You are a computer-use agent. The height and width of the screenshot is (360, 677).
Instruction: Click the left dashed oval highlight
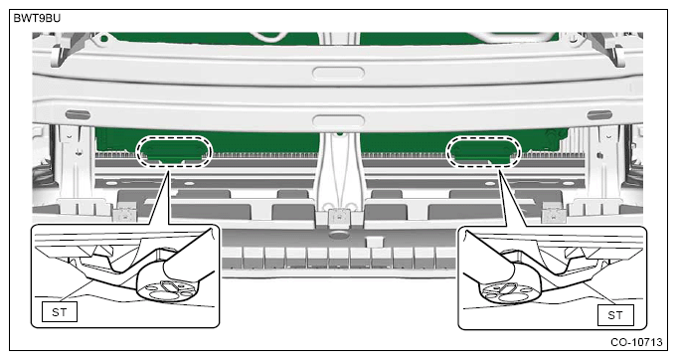click(x=176, y=150)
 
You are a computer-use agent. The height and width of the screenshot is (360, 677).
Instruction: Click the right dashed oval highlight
click(x=486, y=151)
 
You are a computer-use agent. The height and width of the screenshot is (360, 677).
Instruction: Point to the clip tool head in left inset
click(x=169, y=284)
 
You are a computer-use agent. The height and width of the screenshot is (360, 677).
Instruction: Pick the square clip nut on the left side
click(x=125, y=212)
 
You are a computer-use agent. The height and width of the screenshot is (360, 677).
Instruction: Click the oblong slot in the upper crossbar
click(x=337, y=71)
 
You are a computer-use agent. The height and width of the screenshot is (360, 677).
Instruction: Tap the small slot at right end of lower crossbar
click(x=600, y=116)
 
